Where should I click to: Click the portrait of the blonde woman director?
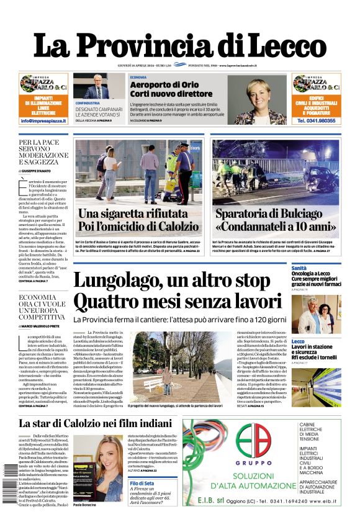(x=251, y=99)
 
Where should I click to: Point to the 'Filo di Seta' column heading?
(x=142, y=484)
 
